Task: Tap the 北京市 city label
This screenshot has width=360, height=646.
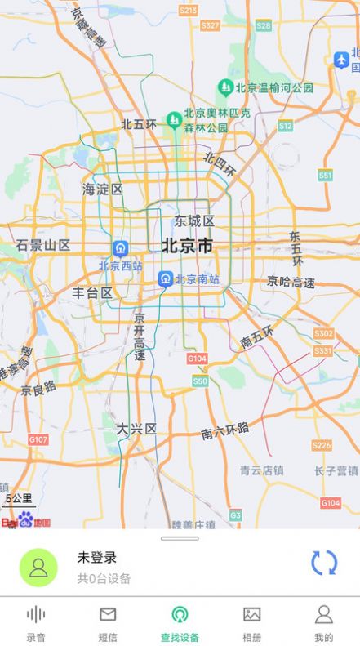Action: click(187, 245)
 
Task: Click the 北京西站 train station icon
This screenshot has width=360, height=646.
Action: click(121, 248)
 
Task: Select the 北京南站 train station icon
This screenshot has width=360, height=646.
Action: click(166, 279)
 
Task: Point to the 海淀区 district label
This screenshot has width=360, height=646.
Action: click(103, 189)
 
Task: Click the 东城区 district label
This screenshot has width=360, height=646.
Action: click(194, 221)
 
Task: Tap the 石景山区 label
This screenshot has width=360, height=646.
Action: click(42, 245)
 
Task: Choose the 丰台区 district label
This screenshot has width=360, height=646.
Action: click(92, 292)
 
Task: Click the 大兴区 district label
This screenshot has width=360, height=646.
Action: click(136, 429)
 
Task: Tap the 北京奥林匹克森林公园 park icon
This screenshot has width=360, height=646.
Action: click(174, 121)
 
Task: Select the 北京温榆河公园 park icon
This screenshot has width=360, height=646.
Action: click(225, 87)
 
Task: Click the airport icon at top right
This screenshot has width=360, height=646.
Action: click(341, 59)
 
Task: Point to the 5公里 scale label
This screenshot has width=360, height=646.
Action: click(19, 498)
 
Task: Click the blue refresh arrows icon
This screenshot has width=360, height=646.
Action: click(324, 563)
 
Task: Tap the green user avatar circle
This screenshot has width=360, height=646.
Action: click(38, 568)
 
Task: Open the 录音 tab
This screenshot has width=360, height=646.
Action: click(36, 623)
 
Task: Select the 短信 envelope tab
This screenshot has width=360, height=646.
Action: click(108, 623)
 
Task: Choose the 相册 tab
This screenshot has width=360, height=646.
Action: click(251, 623)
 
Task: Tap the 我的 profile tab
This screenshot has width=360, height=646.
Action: click(323, 623)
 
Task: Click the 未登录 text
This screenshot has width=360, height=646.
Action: click(97, 558)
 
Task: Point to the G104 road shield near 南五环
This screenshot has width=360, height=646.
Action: click(197, 359)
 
